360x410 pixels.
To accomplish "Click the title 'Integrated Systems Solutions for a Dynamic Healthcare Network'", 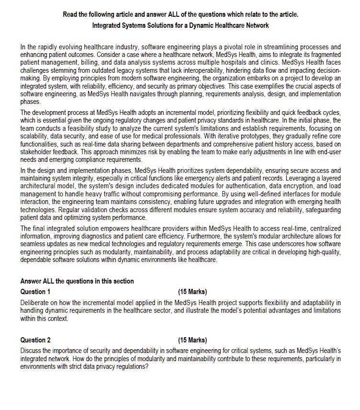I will [180, 25].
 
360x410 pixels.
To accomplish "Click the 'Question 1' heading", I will [35, 292].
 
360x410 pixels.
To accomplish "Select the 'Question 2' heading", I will [35, 340].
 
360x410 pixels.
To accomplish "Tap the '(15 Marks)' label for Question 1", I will [192, 292].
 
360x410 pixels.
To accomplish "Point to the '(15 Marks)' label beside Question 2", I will [192, 340].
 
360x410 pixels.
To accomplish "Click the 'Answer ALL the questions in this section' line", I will [77, 281].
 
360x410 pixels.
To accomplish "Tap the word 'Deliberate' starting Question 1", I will [35, 303].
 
